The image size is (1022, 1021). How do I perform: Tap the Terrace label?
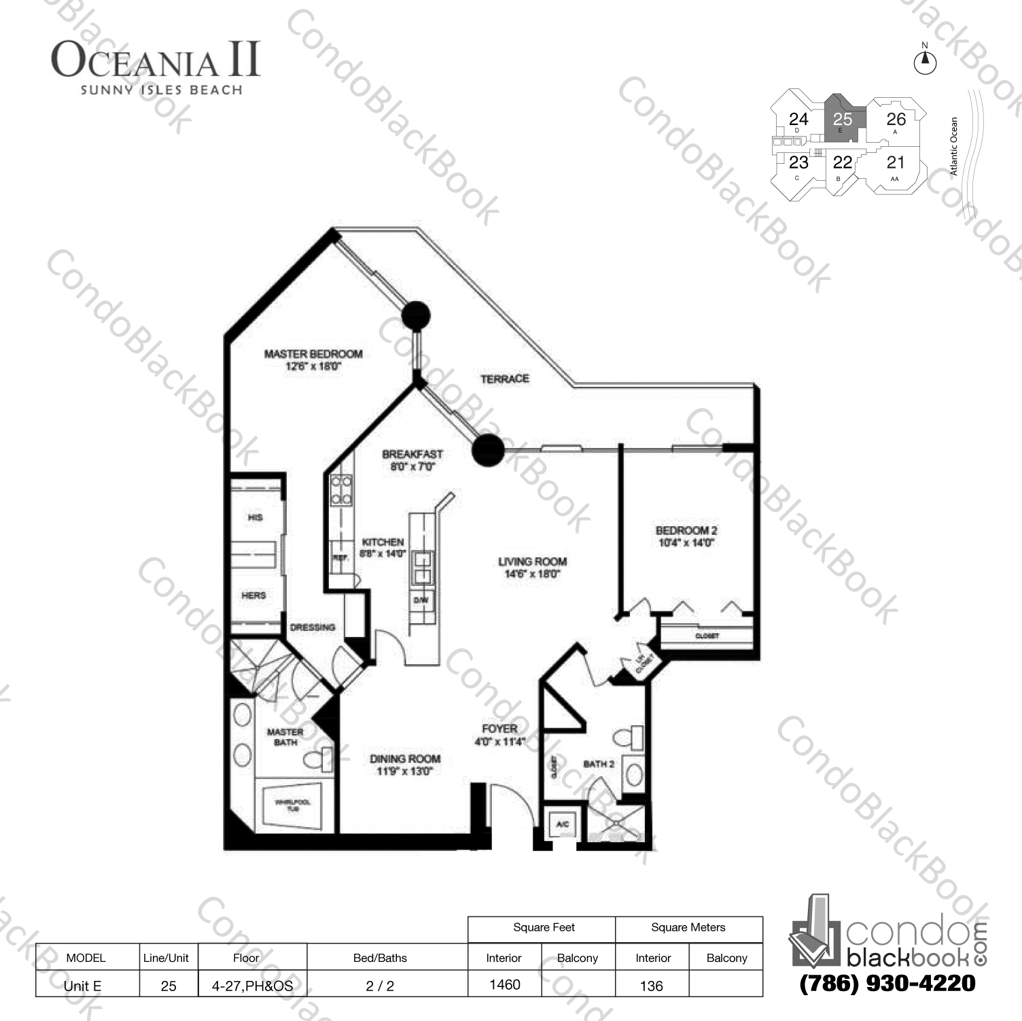point(504,379)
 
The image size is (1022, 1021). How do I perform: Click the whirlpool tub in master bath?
point(293,806)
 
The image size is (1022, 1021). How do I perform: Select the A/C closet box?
point(562,825)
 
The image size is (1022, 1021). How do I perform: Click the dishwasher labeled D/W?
point(421,600)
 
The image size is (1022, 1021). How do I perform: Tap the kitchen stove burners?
point(341,489)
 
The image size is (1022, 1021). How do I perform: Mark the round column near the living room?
point(487,449)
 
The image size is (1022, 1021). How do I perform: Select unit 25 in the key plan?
point(843,120)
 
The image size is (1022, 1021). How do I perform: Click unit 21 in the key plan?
point(896,162)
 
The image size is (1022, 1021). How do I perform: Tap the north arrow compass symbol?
point(924,63)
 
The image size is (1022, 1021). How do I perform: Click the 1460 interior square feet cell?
point(504,984)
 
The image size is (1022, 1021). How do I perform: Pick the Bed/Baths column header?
point(380,958)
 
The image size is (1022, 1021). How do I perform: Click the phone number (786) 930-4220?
point(887,984)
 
